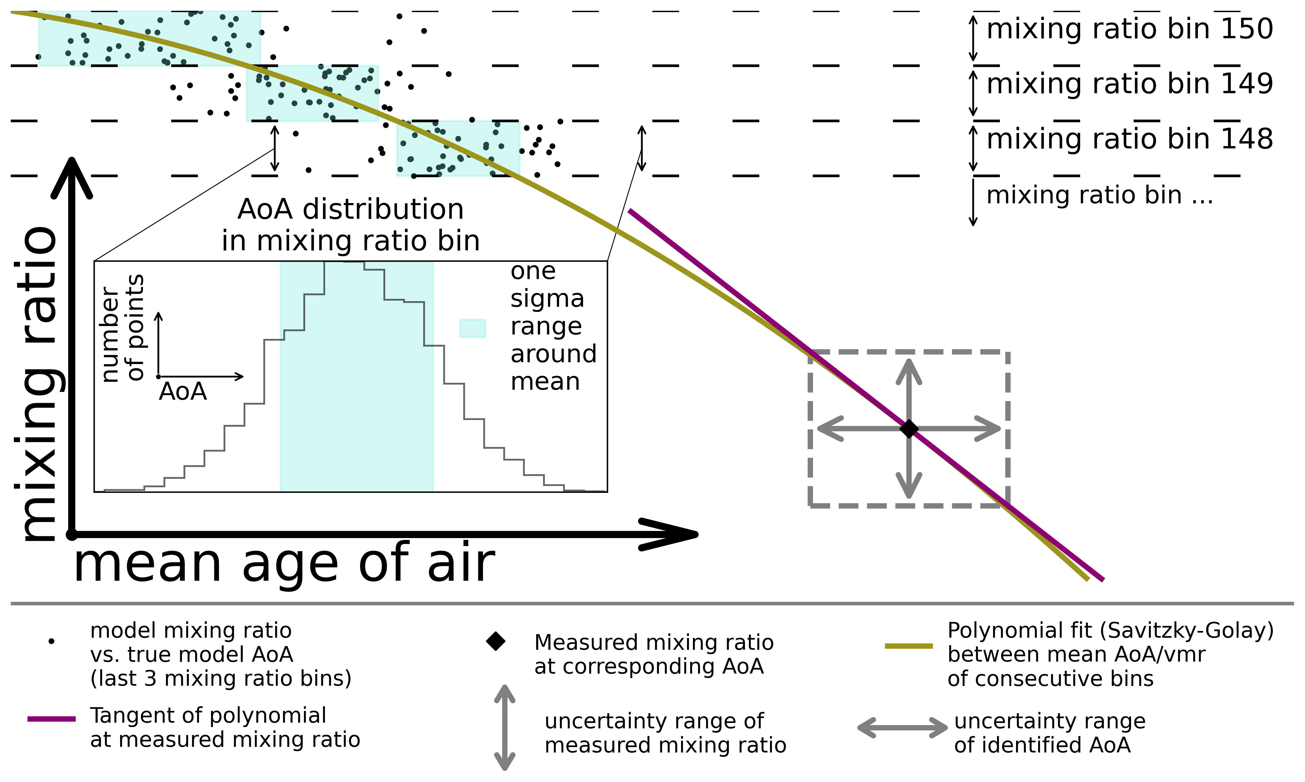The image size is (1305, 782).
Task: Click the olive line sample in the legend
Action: tap(908, 646)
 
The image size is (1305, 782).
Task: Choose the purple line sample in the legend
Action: tap(52, 719)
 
